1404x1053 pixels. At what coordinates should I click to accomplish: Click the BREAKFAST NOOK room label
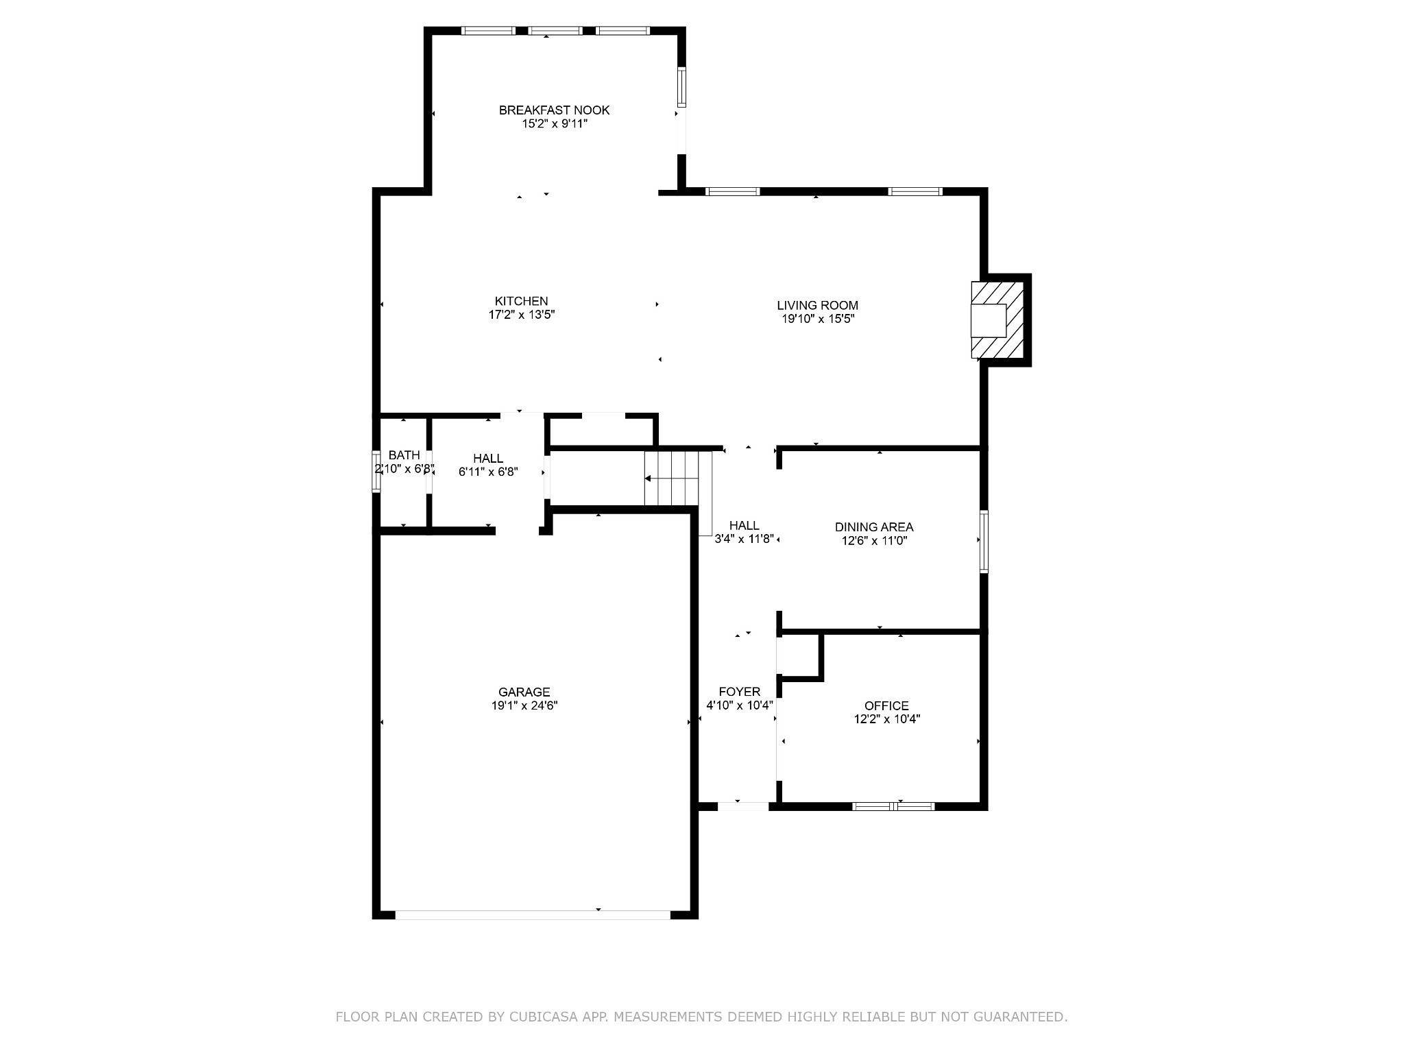click(554, 110)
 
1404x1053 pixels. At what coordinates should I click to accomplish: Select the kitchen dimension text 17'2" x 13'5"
click(521, 315)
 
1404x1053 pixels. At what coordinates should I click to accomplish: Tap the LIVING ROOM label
click(817, 305)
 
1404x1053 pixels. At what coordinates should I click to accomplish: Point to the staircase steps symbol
click(671, 478)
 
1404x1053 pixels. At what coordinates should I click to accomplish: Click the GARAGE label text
click(524, 692)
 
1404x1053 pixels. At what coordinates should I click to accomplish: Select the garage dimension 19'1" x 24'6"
click(524, 706)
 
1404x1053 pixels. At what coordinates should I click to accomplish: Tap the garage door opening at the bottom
click(533, 915)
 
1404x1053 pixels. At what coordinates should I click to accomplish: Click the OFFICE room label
click(886, 705)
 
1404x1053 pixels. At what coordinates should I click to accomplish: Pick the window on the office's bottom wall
click(893, 806)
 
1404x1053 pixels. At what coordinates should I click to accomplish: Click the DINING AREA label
click(873, 526)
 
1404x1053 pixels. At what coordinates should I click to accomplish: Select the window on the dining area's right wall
click(984, 541)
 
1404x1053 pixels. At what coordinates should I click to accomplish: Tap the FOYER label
click(739, 692)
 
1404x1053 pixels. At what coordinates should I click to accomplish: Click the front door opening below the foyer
click(743, 806)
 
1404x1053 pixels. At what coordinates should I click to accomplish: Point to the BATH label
click(404, 455)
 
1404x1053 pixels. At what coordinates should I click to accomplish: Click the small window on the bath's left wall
click(376, 471)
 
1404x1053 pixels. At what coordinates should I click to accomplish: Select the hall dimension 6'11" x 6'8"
click(487, 472)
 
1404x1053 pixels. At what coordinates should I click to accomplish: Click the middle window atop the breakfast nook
click(555, 31)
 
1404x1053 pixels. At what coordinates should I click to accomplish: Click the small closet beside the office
click(799, 655)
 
